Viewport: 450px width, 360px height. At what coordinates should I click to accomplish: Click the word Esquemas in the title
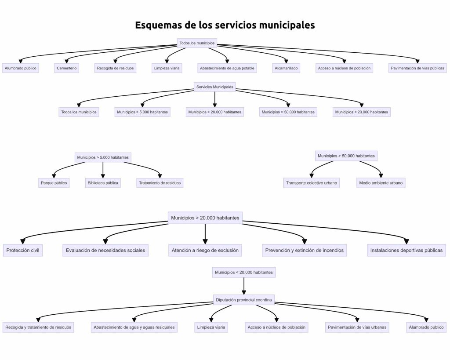158,25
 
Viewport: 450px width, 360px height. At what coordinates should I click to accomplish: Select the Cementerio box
67,68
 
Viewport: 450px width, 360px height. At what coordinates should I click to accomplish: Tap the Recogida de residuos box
115,68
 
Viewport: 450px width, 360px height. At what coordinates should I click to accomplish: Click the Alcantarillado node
286,68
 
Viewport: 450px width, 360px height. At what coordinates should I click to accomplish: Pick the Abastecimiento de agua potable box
227,68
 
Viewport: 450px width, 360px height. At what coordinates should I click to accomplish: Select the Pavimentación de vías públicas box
418,68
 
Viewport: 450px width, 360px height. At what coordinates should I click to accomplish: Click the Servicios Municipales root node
214,87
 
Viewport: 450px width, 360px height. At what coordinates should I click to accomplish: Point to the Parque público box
54,183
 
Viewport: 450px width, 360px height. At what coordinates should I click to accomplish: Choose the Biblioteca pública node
103,183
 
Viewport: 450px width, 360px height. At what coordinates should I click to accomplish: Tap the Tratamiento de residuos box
160,183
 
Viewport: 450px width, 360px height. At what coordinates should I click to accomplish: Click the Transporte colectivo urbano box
312,183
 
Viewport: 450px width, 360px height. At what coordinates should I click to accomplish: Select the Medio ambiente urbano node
381,183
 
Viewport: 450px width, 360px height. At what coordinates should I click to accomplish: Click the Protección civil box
23,251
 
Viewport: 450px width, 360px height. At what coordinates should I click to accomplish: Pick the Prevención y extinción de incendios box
305,251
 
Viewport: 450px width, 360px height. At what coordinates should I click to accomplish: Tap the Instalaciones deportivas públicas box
406,251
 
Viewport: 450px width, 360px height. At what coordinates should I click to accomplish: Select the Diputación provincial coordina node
244,300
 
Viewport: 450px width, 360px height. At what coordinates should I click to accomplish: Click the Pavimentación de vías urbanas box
357,327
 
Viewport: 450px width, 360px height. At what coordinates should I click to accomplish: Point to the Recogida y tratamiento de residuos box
38,327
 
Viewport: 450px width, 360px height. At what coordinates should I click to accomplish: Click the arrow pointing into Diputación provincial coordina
244,291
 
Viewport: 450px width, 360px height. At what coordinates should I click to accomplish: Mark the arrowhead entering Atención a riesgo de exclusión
205,240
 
